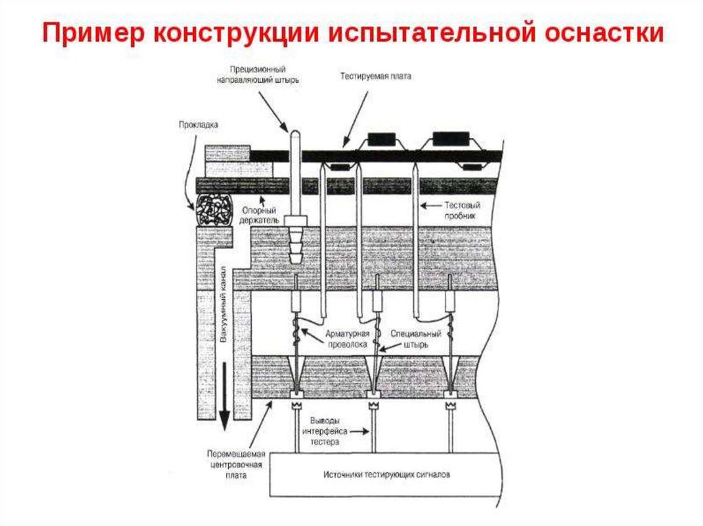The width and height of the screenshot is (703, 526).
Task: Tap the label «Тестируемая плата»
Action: coord(376,77)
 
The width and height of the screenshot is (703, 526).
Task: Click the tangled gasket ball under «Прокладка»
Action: coord(212,206)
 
